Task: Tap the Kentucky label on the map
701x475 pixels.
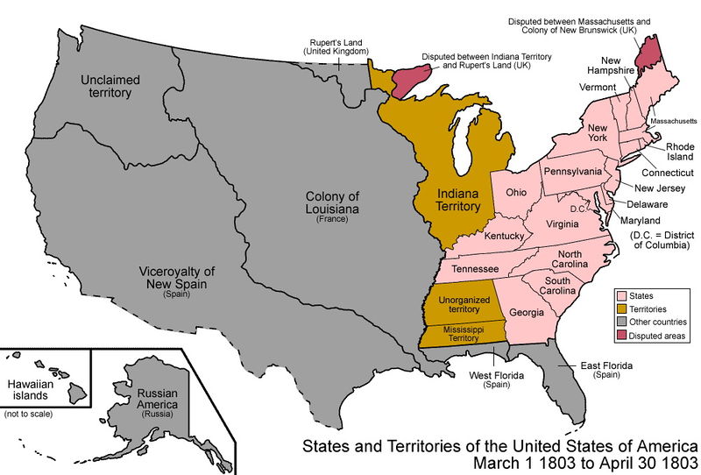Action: (503, 237)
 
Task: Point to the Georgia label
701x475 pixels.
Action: (526, 312)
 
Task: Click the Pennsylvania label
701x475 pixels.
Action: (573, 171)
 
